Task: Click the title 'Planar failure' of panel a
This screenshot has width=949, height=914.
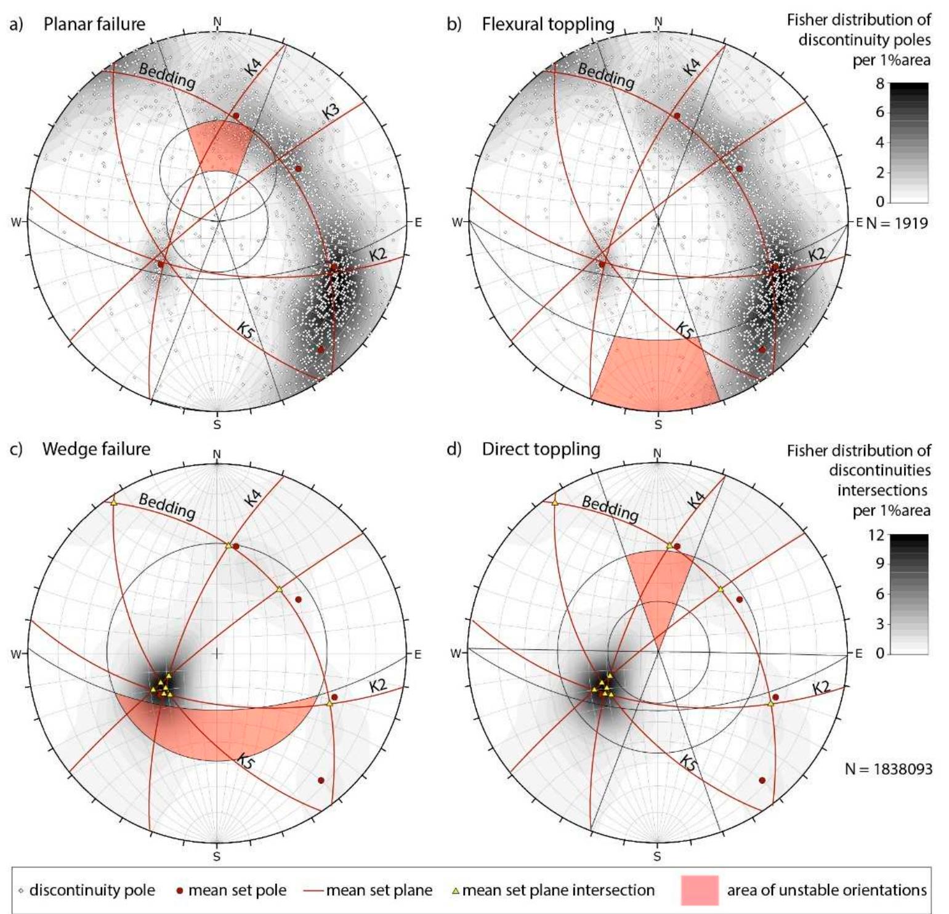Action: (94, 24)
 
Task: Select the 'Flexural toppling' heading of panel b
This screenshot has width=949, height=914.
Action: (548, 24)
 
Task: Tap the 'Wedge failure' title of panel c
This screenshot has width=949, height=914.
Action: (96, 449)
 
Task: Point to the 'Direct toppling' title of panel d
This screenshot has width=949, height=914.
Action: (541, 449)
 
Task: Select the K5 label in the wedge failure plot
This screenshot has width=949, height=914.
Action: (246, 762)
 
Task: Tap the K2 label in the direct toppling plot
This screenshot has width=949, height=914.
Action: (821, 687)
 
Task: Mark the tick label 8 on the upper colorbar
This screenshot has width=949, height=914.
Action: (880, 84)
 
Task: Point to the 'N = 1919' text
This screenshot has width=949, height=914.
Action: (897, 223)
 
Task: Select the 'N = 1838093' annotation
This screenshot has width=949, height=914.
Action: (888, 769)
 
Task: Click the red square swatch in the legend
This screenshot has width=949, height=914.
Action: (700, 890)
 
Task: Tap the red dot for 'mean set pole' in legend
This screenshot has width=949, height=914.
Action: (180, 891)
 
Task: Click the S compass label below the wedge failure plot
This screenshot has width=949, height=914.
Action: (217, 856)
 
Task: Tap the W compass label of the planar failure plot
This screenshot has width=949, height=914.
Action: (15, 222)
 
